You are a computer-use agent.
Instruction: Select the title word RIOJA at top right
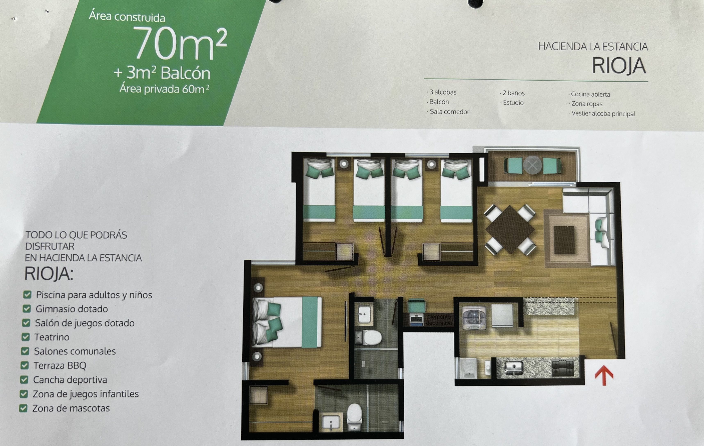(618, 66)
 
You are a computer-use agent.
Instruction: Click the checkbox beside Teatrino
(26, 337)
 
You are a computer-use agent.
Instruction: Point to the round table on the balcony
(532, 166)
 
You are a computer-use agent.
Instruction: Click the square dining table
(510, 229)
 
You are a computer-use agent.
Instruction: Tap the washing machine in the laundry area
(474, 318)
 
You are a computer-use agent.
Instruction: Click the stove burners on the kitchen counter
(563, 368)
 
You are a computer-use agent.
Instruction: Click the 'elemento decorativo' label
(439, 320)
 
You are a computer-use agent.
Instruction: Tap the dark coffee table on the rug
(564, 240)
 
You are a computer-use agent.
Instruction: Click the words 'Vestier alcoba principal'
(603, 113)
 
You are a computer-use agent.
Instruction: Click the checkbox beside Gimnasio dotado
(27, 309)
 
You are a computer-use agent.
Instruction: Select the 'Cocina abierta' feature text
(590, 94)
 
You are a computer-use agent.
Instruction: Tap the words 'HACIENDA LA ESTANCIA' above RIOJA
(593, 47)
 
